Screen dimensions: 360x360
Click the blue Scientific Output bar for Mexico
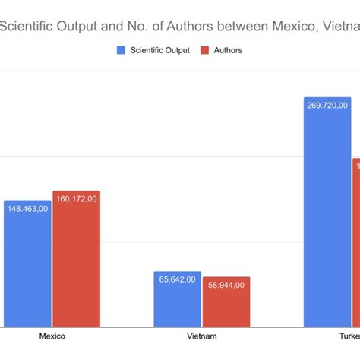click(x=27, y=270)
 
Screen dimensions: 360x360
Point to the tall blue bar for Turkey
click(x=327, y=220)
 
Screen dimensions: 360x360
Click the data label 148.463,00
click(x=27, y=208)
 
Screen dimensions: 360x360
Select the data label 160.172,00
click(x=76, y=199)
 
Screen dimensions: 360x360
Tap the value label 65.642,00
click(x=177, y=279)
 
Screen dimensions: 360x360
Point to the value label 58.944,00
click(x=226, y=285)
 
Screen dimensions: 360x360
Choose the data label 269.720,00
click(x=327, y=106)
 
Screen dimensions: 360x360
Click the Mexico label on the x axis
click(x=52, y=336)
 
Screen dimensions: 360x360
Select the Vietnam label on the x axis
click(x=201, y=336)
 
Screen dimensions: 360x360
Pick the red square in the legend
click(x=204, y=51)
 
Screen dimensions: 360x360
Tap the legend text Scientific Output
click(x=160, y=51)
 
